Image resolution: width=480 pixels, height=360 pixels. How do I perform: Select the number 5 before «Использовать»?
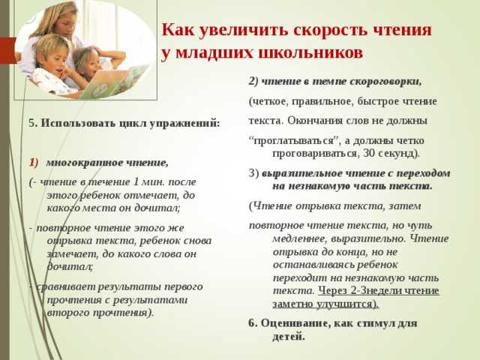32,123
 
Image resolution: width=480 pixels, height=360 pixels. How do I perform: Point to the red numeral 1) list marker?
34,163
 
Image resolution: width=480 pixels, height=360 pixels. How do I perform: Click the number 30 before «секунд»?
368,153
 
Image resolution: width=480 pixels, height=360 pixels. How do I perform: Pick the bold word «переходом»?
423,173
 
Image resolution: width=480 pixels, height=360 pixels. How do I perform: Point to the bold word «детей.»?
289,337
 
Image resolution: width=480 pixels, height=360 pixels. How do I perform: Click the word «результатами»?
150,300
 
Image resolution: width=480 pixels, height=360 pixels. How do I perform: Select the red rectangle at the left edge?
8,50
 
